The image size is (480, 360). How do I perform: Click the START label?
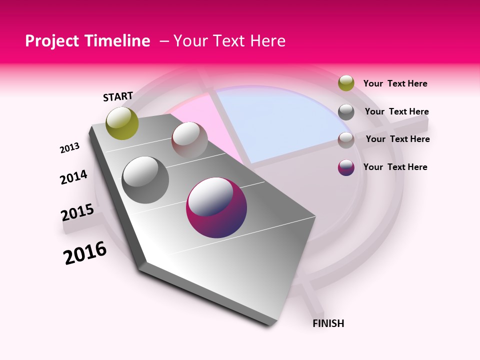click(118, 96)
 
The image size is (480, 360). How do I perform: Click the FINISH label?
click(328, 323)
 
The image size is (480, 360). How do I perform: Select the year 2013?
click(69, 148)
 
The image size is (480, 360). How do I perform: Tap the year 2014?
click(73, 177)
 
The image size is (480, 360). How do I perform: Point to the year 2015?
click(77, 212)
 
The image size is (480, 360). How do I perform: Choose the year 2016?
click(85, 253)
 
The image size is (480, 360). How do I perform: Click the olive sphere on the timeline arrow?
click(122, 123)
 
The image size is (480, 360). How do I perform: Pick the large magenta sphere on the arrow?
click(216, 207)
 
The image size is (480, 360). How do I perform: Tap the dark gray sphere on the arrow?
click(145, 179)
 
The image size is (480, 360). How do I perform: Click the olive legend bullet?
click(346, 83)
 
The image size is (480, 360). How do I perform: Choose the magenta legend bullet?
click(346, 167)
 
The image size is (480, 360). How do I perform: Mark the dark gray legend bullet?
click(346, 112)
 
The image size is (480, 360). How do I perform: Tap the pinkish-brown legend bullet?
click(346, 140)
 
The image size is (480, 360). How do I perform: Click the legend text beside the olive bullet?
click(395, 83)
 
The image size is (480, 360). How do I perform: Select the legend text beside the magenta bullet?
click(395, 167)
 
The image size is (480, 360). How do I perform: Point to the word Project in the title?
click(49, 41)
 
